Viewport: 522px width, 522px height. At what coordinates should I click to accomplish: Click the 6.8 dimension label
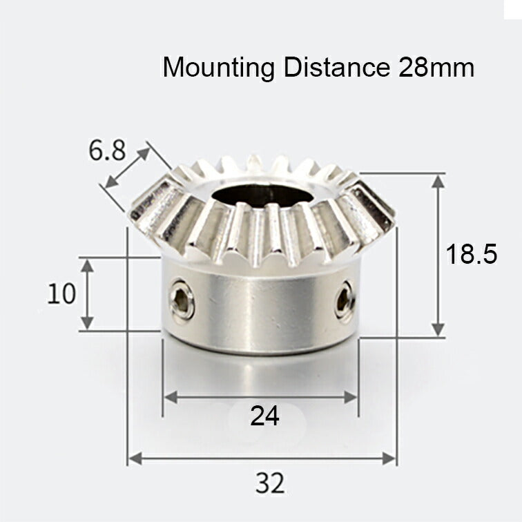point(107,150)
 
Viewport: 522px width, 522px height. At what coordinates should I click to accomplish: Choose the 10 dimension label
point(61,294)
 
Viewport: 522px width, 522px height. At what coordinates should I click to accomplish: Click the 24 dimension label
point(265,416)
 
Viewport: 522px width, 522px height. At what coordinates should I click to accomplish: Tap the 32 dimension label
point(269,483)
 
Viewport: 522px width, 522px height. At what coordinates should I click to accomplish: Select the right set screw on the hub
point(345,302)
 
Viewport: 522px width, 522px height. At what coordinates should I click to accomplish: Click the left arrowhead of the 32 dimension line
point(133,458)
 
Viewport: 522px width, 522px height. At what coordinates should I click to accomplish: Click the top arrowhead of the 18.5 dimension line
point(438,180)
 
